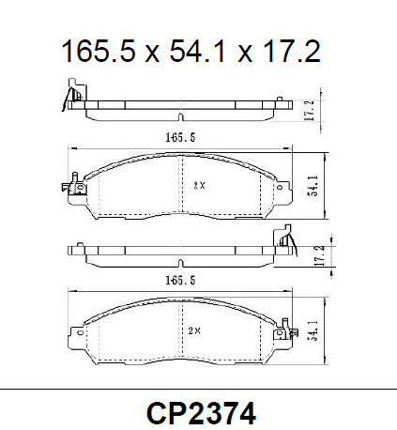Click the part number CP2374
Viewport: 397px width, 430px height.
(198, 410)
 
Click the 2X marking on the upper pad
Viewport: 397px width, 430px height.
(198, 184)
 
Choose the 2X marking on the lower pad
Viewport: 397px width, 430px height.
(194, 330)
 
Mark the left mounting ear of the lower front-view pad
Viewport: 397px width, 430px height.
(79, 331)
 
